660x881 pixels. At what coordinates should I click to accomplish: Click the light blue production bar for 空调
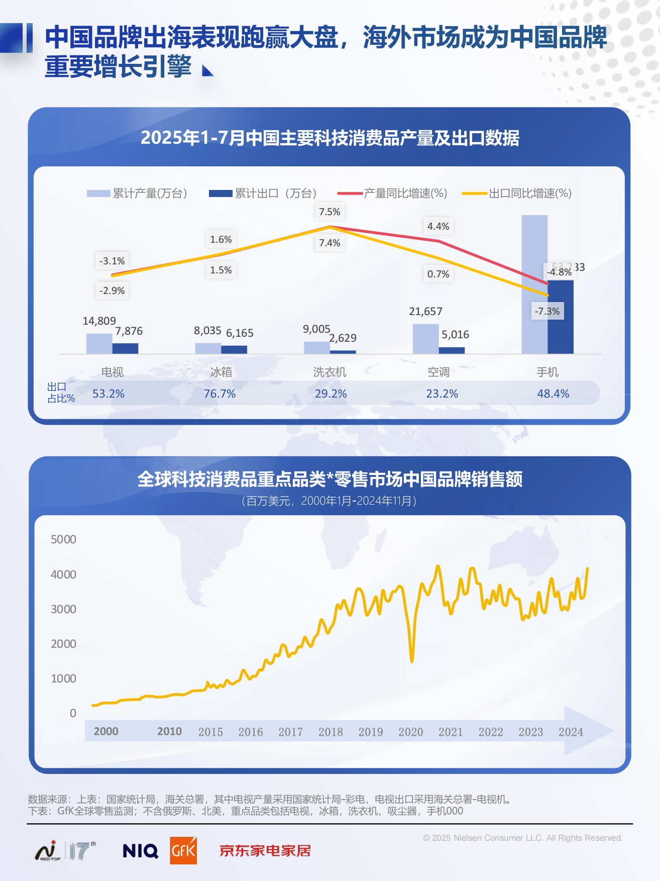tap(425, 339)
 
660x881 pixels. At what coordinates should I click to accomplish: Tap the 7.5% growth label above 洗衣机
tap(329, 212)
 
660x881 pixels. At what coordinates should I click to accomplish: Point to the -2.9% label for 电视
tap(112, 290)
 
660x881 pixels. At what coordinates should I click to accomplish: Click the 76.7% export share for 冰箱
tap(219, 394)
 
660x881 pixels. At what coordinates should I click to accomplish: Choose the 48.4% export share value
tap(553, 394)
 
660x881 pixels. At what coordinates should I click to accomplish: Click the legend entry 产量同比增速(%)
tap(393, 193)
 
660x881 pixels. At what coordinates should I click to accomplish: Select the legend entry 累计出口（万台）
tap(263, 193)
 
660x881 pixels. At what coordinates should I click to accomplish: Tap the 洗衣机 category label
tap(329, 372)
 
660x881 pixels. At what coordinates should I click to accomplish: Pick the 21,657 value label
tap(425, 312)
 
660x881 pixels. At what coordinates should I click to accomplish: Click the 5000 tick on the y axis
tap(64, 539)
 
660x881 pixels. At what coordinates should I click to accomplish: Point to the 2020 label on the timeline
tap(410, 732)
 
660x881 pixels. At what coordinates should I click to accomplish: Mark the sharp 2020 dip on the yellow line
tap(412, 659)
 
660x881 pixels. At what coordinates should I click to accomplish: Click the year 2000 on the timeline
tap(106, 731)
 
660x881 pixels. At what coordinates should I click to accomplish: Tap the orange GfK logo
tap(183, 850)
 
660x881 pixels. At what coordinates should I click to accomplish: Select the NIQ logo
tap(140, 851)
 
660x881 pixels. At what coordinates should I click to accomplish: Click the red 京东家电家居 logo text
tap(265, 851)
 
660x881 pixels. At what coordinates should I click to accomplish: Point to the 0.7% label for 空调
tap(438, 274)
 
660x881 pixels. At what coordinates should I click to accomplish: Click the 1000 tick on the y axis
tap(64, 678)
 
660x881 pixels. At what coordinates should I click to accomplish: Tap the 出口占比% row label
tap(60, 393)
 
